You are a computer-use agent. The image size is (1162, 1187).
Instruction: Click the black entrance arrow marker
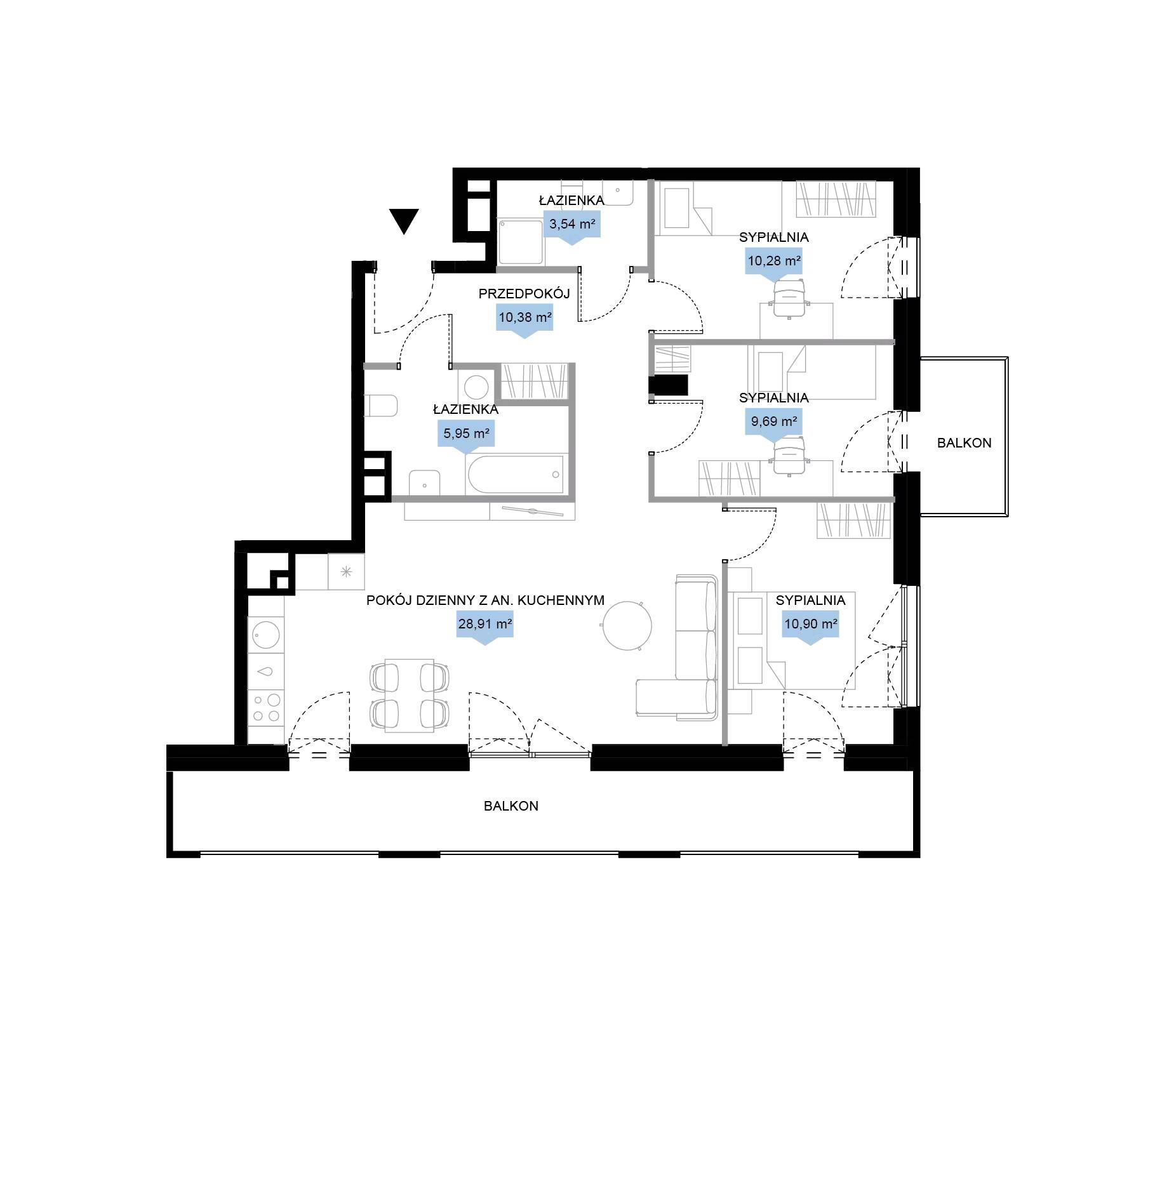[x=404, y=221]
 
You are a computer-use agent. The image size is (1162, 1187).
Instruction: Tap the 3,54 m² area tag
[x=572, y=227]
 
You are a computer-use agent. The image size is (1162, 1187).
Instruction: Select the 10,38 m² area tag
[x=524, y=320]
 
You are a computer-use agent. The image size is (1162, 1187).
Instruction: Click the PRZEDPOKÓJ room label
[x=524, y=293]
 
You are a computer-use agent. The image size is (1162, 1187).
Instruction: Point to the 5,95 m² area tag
[x=466, y=437]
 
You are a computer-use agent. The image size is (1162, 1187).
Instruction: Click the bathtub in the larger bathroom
[x=515, y=474]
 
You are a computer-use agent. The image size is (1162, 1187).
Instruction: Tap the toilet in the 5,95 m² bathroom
[x=380, y=406]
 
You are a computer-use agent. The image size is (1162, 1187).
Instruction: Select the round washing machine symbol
[x=476, y=387]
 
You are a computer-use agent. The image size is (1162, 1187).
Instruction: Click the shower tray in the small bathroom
[x=521, y=242]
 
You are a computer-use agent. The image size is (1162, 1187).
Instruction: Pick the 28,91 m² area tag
[x=485, y=627]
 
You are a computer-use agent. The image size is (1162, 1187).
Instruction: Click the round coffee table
[x=627, y=626]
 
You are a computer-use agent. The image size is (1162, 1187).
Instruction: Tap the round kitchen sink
[x=266, y=633]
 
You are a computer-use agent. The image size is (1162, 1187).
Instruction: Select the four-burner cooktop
[x=266, y=708]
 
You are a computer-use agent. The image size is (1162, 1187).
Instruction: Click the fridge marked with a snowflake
[x=346, y=571]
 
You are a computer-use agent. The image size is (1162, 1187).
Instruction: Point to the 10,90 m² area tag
[x=810, y=627]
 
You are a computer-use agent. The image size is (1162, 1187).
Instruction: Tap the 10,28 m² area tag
[x=773, y=263]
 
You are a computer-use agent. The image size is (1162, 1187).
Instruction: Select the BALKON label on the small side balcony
[x=964, y=443]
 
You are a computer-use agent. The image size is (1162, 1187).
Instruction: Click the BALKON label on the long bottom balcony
[x=511, y=806]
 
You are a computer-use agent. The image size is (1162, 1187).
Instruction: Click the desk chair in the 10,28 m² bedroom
[x=789, y=297]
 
